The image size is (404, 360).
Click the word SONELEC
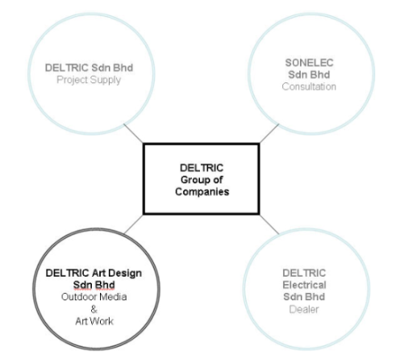click(309, 63)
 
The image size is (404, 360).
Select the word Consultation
click(309, 86)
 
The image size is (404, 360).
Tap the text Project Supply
click(89, 80)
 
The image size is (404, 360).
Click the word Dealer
click(304, 309)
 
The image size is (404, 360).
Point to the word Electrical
click(304, 285)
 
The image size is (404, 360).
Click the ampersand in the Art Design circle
click(94, 309)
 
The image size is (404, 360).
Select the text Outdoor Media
click(94, 297)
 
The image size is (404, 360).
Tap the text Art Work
click(94, 321)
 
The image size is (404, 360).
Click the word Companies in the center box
click(202, 192)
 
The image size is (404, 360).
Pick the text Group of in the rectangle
click(202, 180)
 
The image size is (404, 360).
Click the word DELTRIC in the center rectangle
click(202, 168)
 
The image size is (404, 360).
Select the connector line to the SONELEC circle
click(269, 133)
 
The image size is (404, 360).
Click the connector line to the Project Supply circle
click(133, 133)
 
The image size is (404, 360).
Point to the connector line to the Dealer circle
click(269, 224)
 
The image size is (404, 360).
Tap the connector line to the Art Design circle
click(133, 224)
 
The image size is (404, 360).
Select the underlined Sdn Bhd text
click(94, 285)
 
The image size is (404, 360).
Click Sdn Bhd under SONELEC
click(309, 75)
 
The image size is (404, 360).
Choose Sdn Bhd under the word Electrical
click(304, 297)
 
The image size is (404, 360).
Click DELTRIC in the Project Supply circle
click(67, 68)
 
